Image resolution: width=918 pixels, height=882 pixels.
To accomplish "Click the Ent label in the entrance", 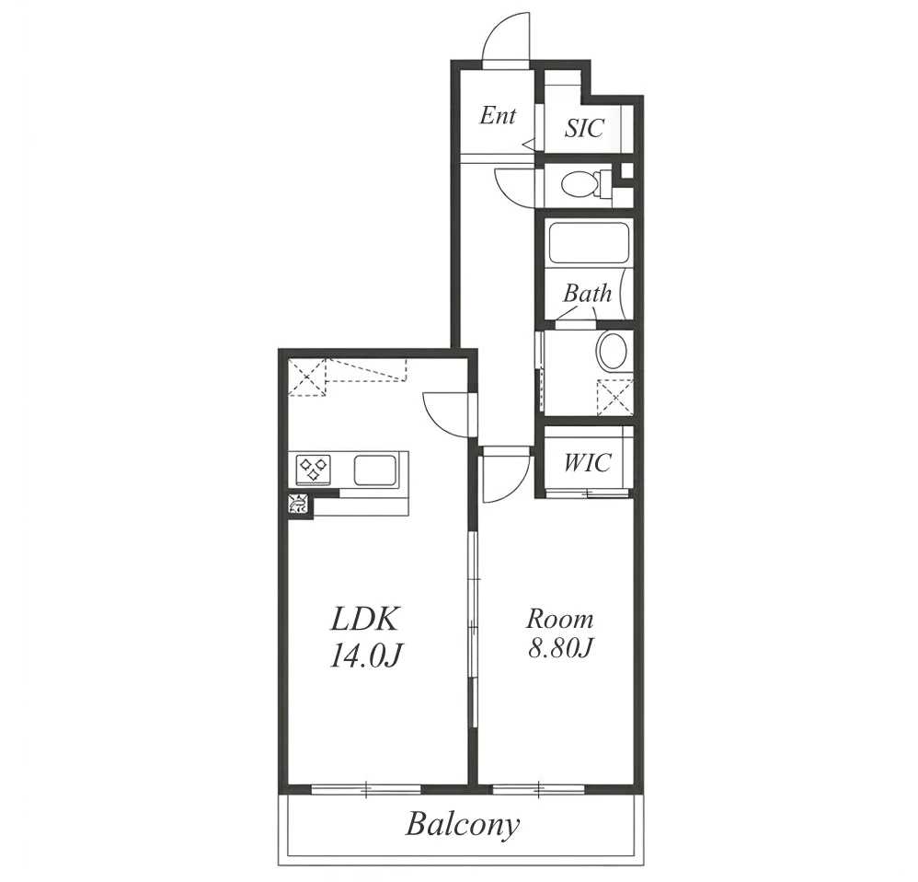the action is coord(498,115).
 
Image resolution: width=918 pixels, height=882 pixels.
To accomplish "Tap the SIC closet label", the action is coord(584,128).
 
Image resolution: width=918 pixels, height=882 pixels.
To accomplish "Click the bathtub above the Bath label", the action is coord(588,243).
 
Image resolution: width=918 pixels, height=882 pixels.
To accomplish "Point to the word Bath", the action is coord(587,293).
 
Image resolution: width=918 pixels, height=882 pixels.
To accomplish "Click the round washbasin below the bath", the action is coord(613,351).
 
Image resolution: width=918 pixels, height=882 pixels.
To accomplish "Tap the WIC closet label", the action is coord(587,462).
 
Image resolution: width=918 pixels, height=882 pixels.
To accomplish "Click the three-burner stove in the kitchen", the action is coord(314,470).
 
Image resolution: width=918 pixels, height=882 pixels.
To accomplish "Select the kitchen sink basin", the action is coord(375,470).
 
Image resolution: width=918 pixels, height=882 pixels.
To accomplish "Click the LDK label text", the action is coord(365,619).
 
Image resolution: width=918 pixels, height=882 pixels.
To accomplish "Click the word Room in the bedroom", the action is coord(559,619).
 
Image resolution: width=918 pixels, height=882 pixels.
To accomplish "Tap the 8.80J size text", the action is coord(561,647).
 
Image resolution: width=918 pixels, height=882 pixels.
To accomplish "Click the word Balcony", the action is coord(463,825).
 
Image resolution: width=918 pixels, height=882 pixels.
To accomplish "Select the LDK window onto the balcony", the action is coord(366,790).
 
